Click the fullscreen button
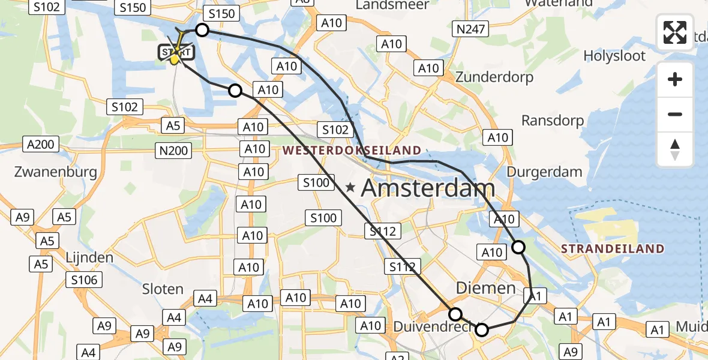675,32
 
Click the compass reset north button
675,149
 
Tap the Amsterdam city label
428,189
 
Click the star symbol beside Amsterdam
350,188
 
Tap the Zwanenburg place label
55,172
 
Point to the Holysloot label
615,56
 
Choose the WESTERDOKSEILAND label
352,150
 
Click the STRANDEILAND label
613,248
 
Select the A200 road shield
41,145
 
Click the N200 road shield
174,150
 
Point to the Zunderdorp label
494,77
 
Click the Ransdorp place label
553,121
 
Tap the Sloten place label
163,289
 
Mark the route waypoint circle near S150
202,30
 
